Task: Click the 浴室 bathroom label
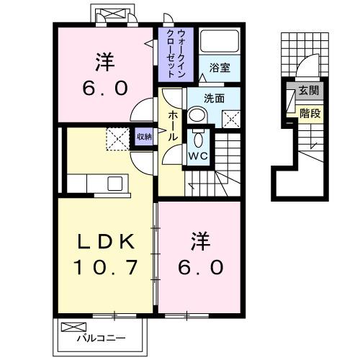220,68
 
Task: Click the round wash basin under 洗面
197,115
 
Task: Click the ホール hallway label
174,127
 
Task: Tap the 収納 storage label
144,136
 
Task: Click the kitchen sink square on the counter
115,184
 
